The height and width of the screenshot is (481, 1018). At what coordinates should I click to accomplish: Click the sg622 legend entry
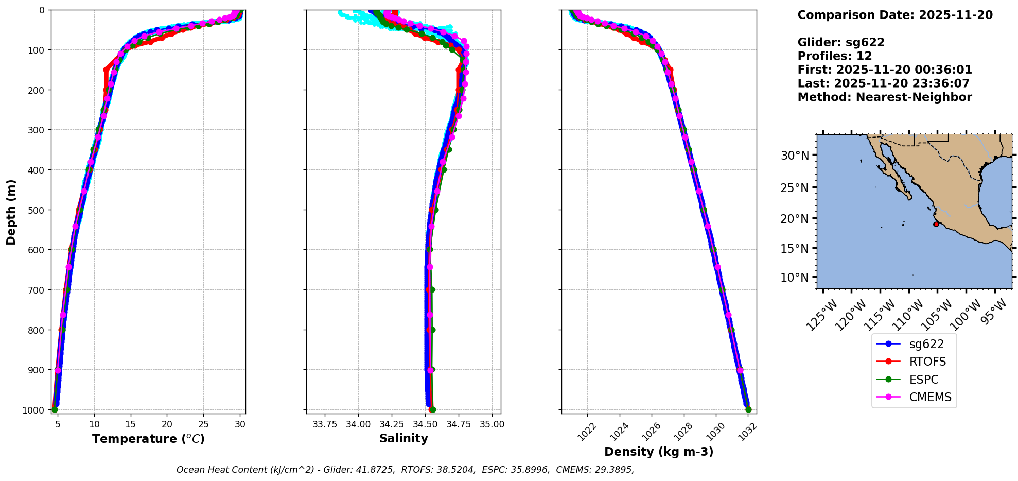926,344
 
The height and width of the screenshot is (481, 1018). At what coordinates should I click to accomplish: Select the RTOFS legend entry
927,362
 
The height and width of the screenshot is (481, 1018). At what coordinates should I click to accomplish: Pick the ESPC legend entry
924,380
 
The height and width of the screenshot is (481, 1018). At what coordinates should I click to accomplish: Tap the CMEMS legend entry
930,397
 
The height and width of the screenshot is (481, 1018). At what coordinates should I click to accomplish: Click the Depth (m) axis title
11,212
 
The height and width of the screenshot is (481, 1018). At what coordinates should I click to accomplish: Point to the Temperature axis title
148,439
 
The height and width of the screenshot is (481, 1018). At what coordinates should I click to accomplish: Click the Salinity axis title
403,438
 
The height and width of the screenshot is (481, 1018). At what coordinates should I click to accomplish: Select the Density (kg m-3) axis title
659,452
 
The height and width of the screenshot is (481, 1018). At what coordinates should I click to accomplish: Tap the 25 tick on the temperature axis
203,424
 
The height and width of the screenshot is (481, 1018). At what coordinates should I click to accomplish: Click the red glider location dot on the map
936,224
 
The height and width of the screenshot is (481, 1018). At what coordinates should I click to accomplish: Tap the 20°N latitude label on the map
795,219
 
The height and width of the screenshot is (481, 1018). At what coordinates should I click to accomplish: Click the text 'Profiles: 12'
835,56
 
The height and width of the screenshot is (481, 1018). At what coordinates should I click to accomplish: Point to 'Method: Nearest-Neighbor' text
885,97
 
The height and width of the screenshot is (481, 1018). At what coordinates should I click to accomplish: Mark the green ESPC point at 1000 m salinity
433,410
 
